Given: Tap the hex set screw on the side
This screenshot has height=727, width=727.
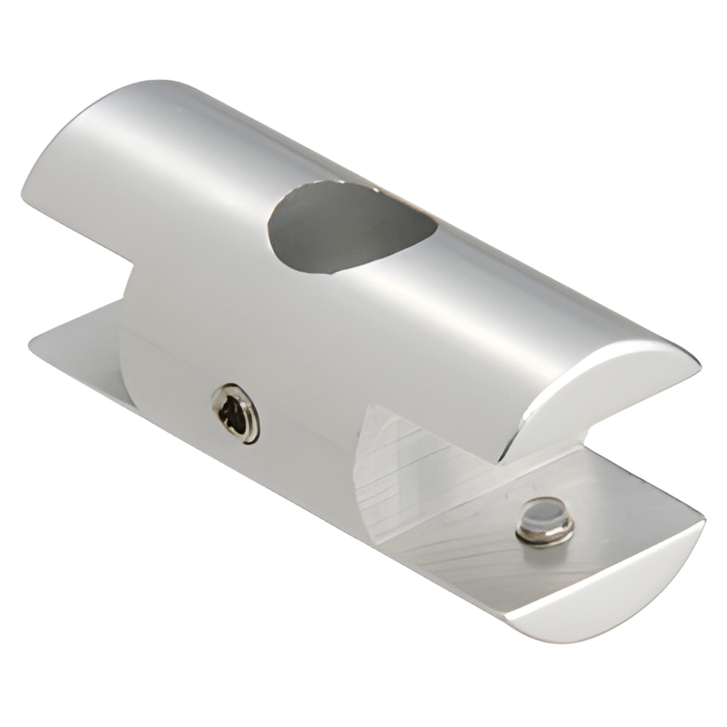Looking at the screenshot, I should pos(236,413).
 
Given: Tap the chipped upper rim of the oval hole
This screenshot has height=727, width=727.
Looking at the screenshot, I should pos(331,185).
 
